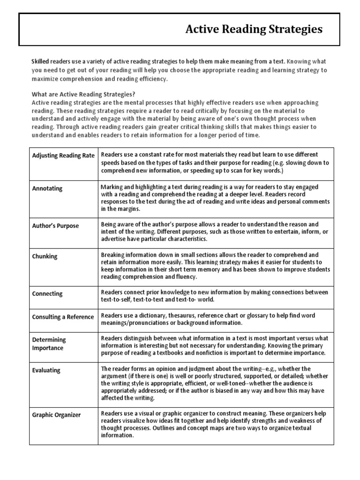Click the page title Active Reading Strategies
(x=254, y=30)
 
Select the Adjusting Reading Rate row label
(x=63, y=156)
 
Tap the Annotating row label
(x=47, y=188)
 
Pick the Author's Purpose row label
(x=55, y=225)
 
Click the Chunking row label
(x=45, y=256)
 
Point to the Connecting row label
(x=47, y=294)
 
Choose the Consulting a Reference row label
(x=63, y=317)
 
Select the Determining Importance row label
(x=49, y=344)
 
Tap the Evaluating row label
(x=46, y=370)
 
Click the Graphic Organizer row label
(x=56, y=415)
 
